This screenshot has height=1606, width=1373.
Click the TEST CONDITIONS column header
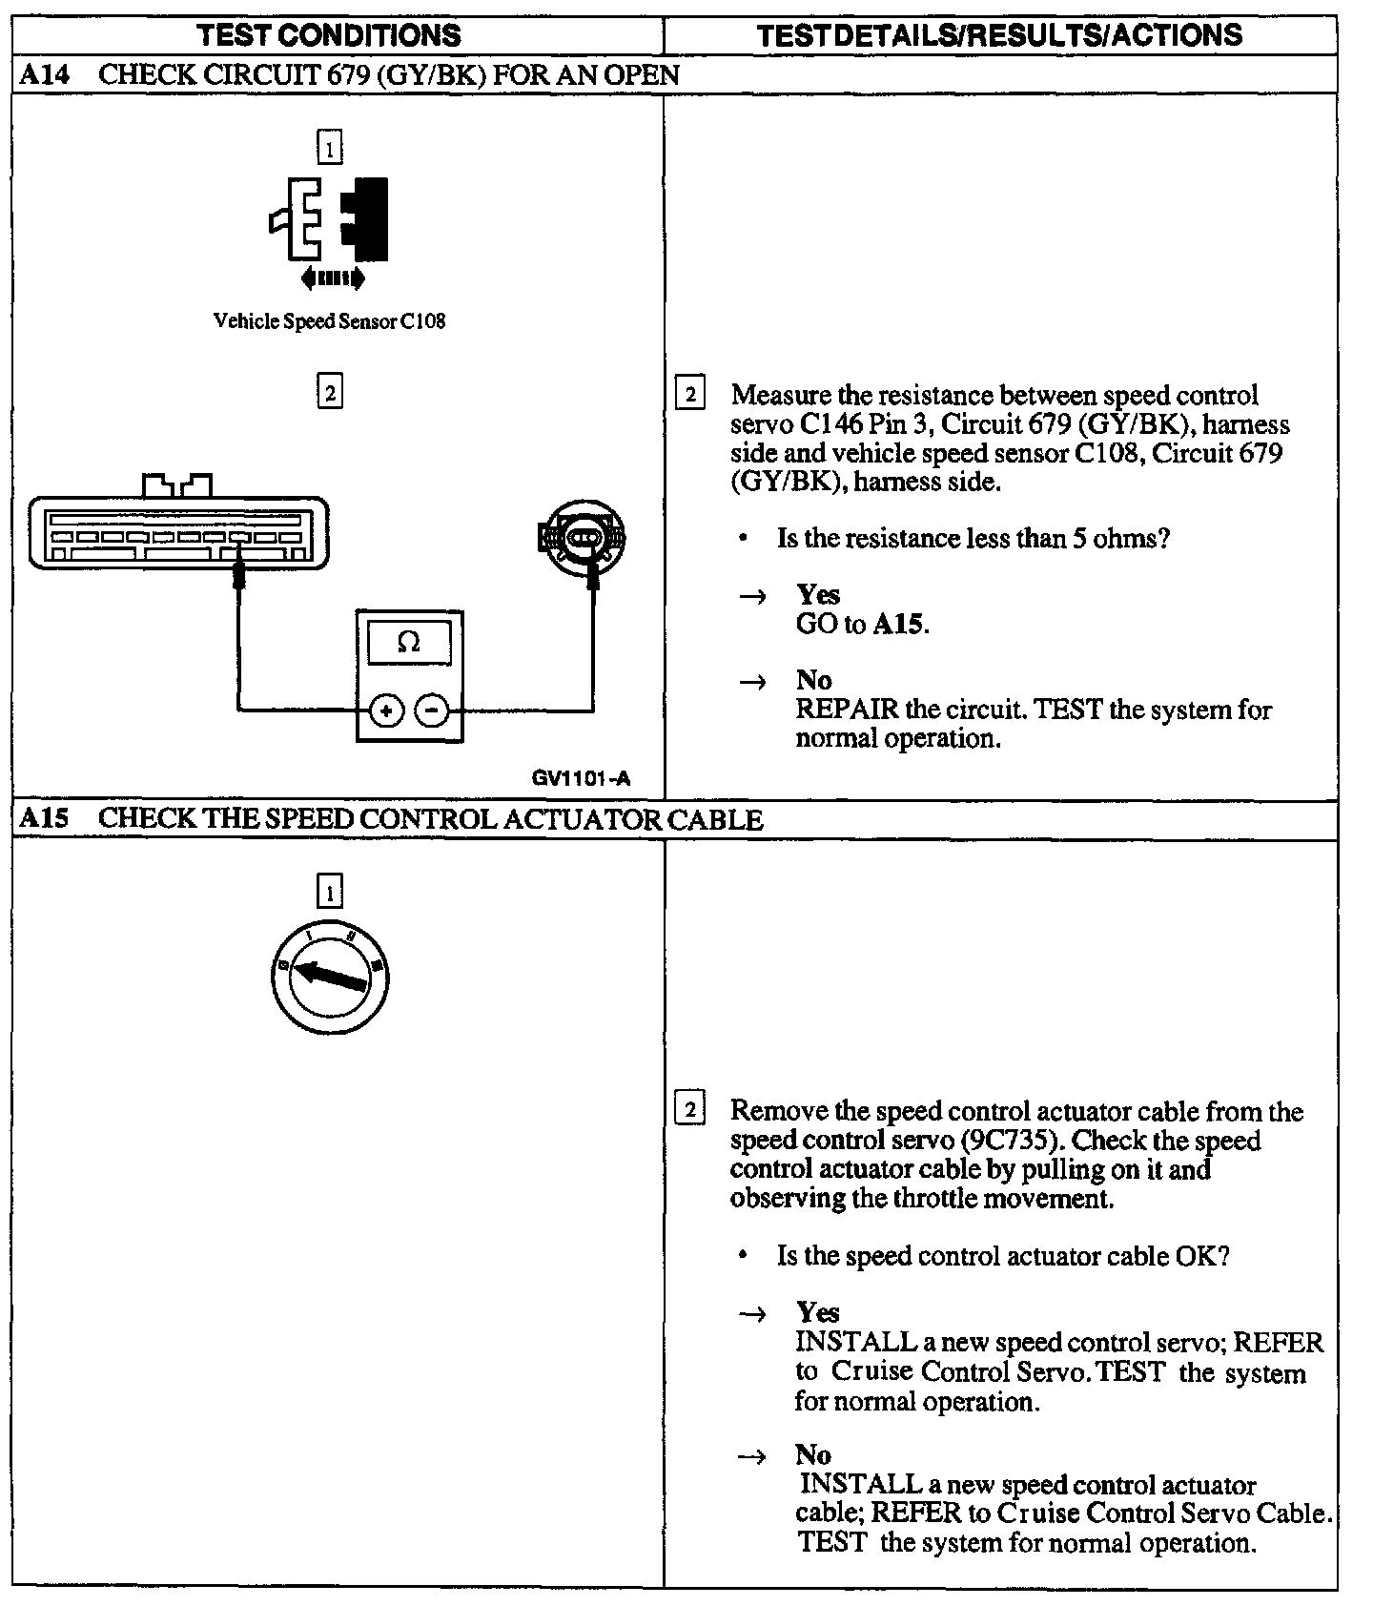click(329, 35)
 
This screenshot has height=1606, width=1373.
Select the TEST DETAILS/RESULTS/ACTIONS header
click(999, 35)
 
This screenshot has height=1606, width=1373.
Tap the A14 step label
click(44, 75)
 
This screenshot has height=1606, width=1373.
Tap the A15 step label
click(44, 819)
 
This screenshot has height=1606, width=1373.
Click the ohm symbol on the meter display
click(409, 643)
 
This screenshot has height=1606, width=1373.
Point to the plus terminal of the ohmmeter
click(386, 710)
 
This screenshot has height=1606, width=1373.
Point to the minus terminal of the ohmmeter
click(433, 710)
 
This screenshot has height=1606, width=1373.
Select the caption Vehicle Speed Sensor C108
click(329, 321)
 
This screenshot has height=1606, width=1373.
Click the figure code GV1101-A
click(581, 778)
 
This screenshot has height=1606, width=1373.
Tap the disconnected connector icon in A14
click(329, 219)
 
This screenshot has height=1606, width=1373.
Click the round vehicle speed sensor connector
click(582, 539)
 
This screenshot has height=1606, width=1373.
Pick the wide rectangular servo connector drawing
click(178, 532)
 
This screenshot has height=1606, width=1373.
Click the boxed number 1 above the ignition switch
click(329, 893)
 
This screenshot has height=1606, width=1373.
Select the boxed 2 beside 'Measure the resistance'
click(689, 394)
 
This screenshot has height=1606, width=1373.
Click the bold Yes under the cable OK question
click(817, 1312)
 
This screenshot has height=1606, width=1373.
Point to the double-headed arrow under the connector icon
click(332, 278)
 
